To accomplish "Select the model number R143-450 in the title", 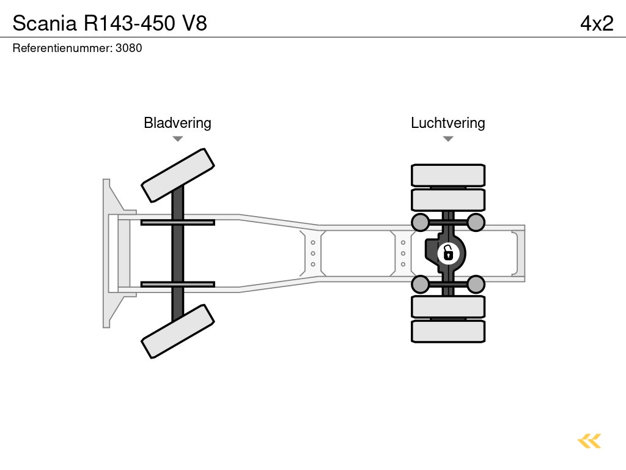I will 129,23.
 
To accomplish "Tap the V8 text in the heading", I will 194,23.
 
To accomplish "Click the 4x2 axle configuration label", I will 596,23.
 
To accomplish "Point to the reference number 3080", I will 130,48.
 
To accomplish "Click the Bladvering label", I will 177,123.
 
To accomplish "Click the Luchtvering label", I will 447,123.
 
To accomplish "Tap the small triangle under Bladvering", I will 177,139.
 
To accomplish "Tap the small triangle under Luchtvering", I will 447,139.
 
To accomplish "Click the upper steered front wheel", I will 178,175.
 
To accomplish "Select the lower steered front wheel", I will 178,331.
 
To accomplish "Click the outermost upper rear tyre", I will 448,175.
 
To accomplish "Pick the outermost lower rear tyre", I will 448,331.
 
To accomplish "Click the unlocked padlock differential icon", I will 448,252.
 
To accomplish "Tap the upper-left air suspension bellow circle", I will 421,222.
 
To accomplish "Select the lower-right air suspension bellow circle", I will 476,284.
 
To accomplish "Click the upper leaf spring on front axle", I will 177,222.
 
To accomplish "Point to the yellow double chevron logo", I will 589,441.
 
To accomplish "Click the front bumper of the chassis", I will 110,253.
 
